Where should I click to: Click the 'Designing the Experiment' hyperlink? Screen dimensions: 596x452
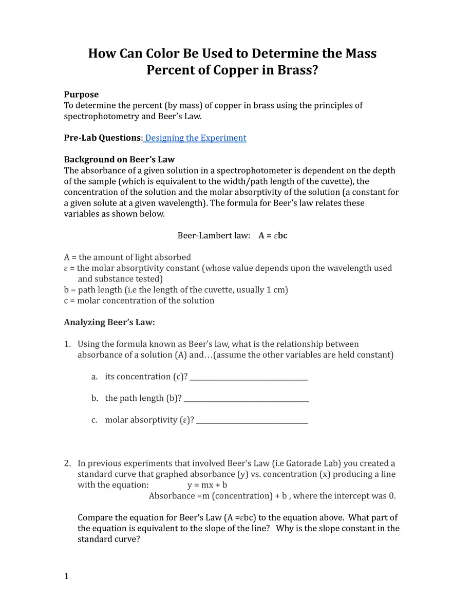pos(196,138)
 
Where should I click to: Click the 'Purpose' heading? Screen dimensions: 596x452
pos(81,95)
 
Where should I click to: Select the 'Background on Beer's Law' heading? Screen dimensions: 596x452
pos(119,159)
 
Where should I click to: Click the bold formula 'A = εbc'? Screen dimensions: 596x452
pos(273,235)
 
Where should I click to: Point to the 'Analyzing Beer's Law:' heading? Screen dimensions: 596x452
pos(109,322)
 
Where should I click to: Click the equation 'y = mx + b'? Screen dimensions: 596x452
pos(207,485)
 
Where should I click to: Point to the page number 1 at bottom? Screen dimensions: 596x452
pos(66,576)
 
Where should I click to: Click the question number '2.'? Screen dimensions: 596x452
pos(68,463)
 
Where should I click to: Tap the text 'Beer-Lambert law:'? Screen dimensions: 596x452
pos(214,235)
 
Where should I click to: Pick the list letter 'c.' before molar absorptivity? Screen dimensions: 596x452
pos(95,420)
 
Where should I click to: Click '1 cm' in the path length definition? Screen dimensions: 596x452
pos(276,290)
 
